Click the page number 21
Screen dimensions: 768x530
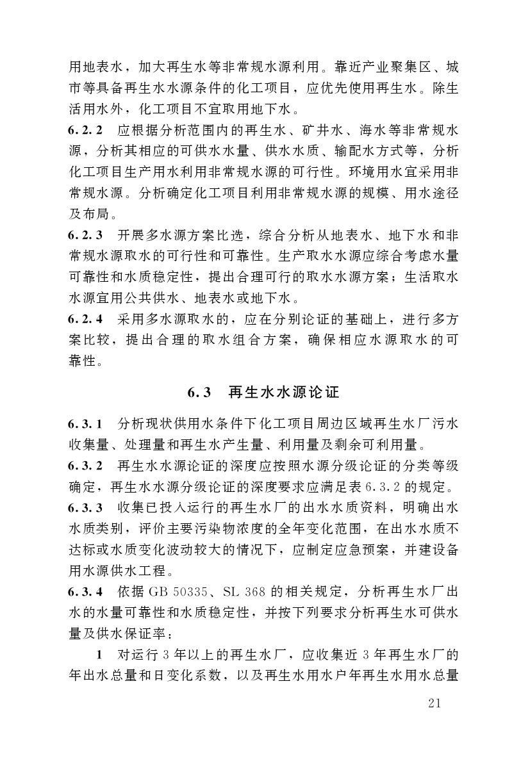pyautogui.click(x=434, y=705)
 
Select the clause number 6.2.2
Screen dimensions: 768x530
pyautogui.click(x=86, y=130)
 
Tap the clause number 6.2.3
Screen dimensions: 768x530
pyautogui.click(x=86, y=234)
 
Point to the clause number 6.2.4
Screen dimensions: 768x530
pyautogui.click(x=86, y=318)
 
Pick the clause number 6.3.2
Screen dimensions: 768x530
pyautogui.click(x=86, y=465)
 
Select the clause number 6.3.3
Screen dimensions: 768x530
pyautogui.click(x=86, y=507)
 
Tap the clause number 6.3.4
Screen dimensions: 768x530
pyautogui.click(x=86, y=591)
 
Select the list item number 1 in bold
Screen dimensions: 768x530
pyautogui.click(x=99, y=655)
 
